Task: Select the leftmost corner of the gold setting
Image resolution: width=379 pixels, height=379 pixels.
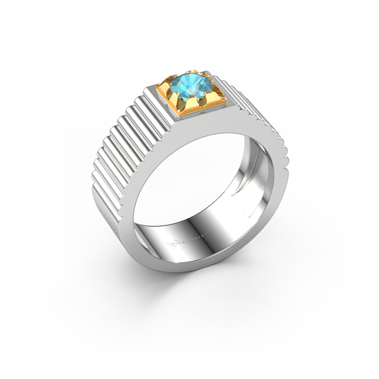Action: pyautogui.click(x=164, y=86)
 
